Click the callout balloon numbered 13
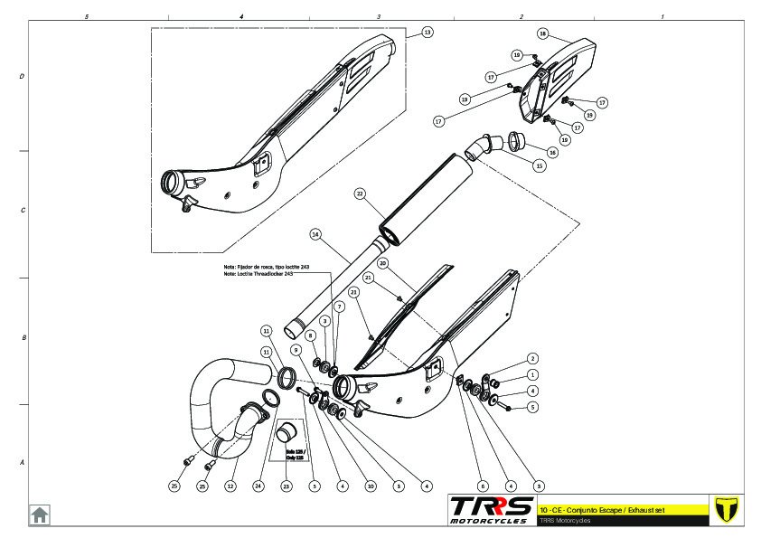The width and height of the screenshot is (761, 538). tap(427, 32)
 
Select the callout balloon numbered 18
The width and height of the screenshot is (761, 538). tap(543, 33)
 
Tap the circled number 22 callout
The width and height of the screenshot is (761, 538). tap(359, 193)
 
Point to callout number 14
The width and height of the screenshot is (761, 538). tap(315, 234)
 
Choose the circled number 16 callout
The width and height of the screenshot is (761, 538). tap(552, 153)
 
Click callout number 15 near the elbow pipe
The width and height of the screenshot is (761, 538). tap(540, 166)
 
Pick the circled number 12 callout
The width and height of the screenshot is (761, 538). tap(230, 486)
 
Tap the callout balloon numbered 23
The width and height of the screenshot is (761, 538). tap(287, 486)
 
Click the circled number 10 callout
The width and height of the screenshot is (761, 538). tap(370, 486)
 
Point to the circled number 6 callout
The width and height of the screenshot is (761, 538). tap(483, 486)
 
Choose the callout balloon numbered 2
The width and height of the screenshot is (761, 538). tap(533, 359)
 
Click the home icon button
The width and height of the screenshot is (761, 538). tap(40, 514)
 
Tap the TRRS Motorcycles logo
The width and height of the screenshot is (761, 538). tap(492, 508)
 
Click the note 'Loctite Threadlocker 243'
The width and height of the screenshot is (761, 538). tap(258, 274)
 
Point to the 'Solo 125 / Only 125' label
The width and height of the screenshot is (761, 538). tap(296, 454)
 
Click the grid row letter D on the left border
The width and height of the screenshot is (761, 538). tap(22, 77)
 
